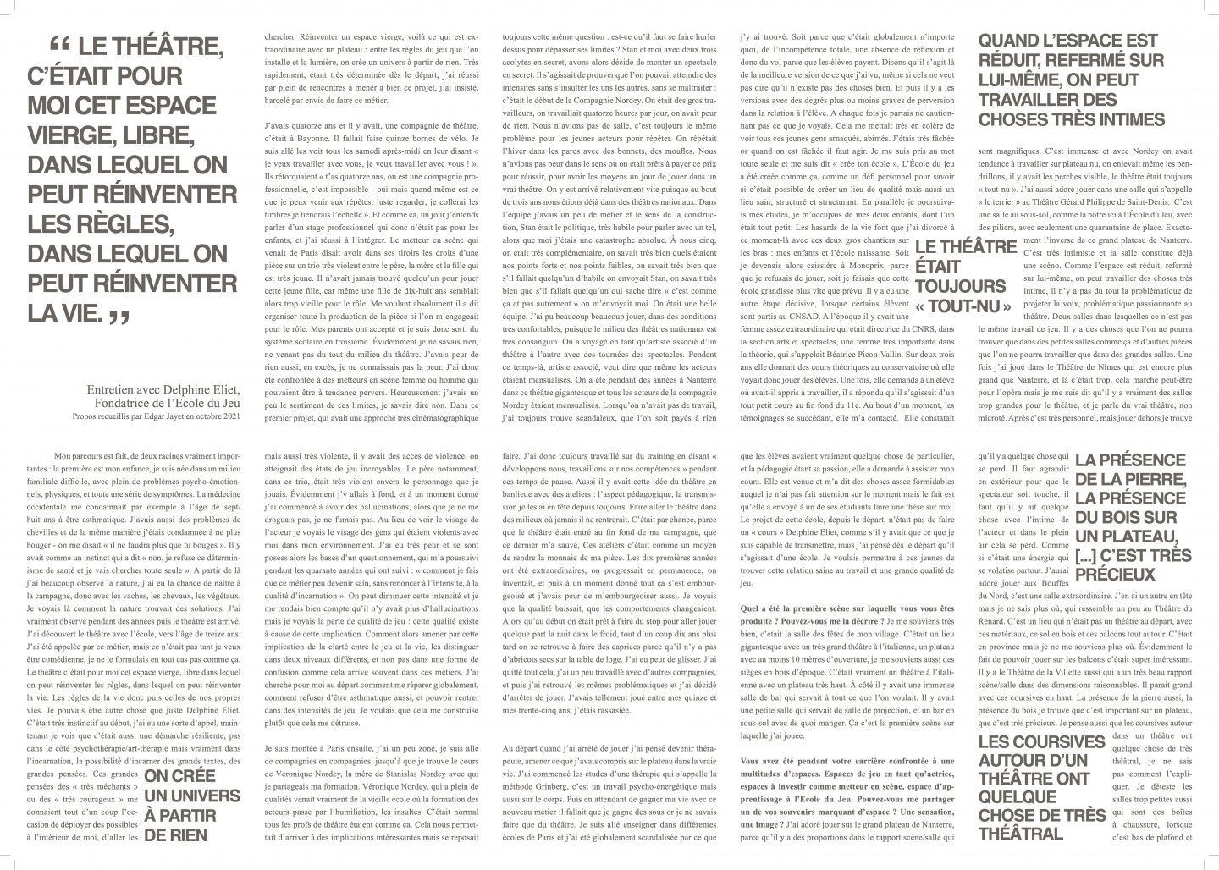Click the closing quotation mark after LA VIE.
pyautogui.click(x=119, y=317)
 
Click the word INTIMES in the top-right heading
pyautogui.click(x=1119, y=119)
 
